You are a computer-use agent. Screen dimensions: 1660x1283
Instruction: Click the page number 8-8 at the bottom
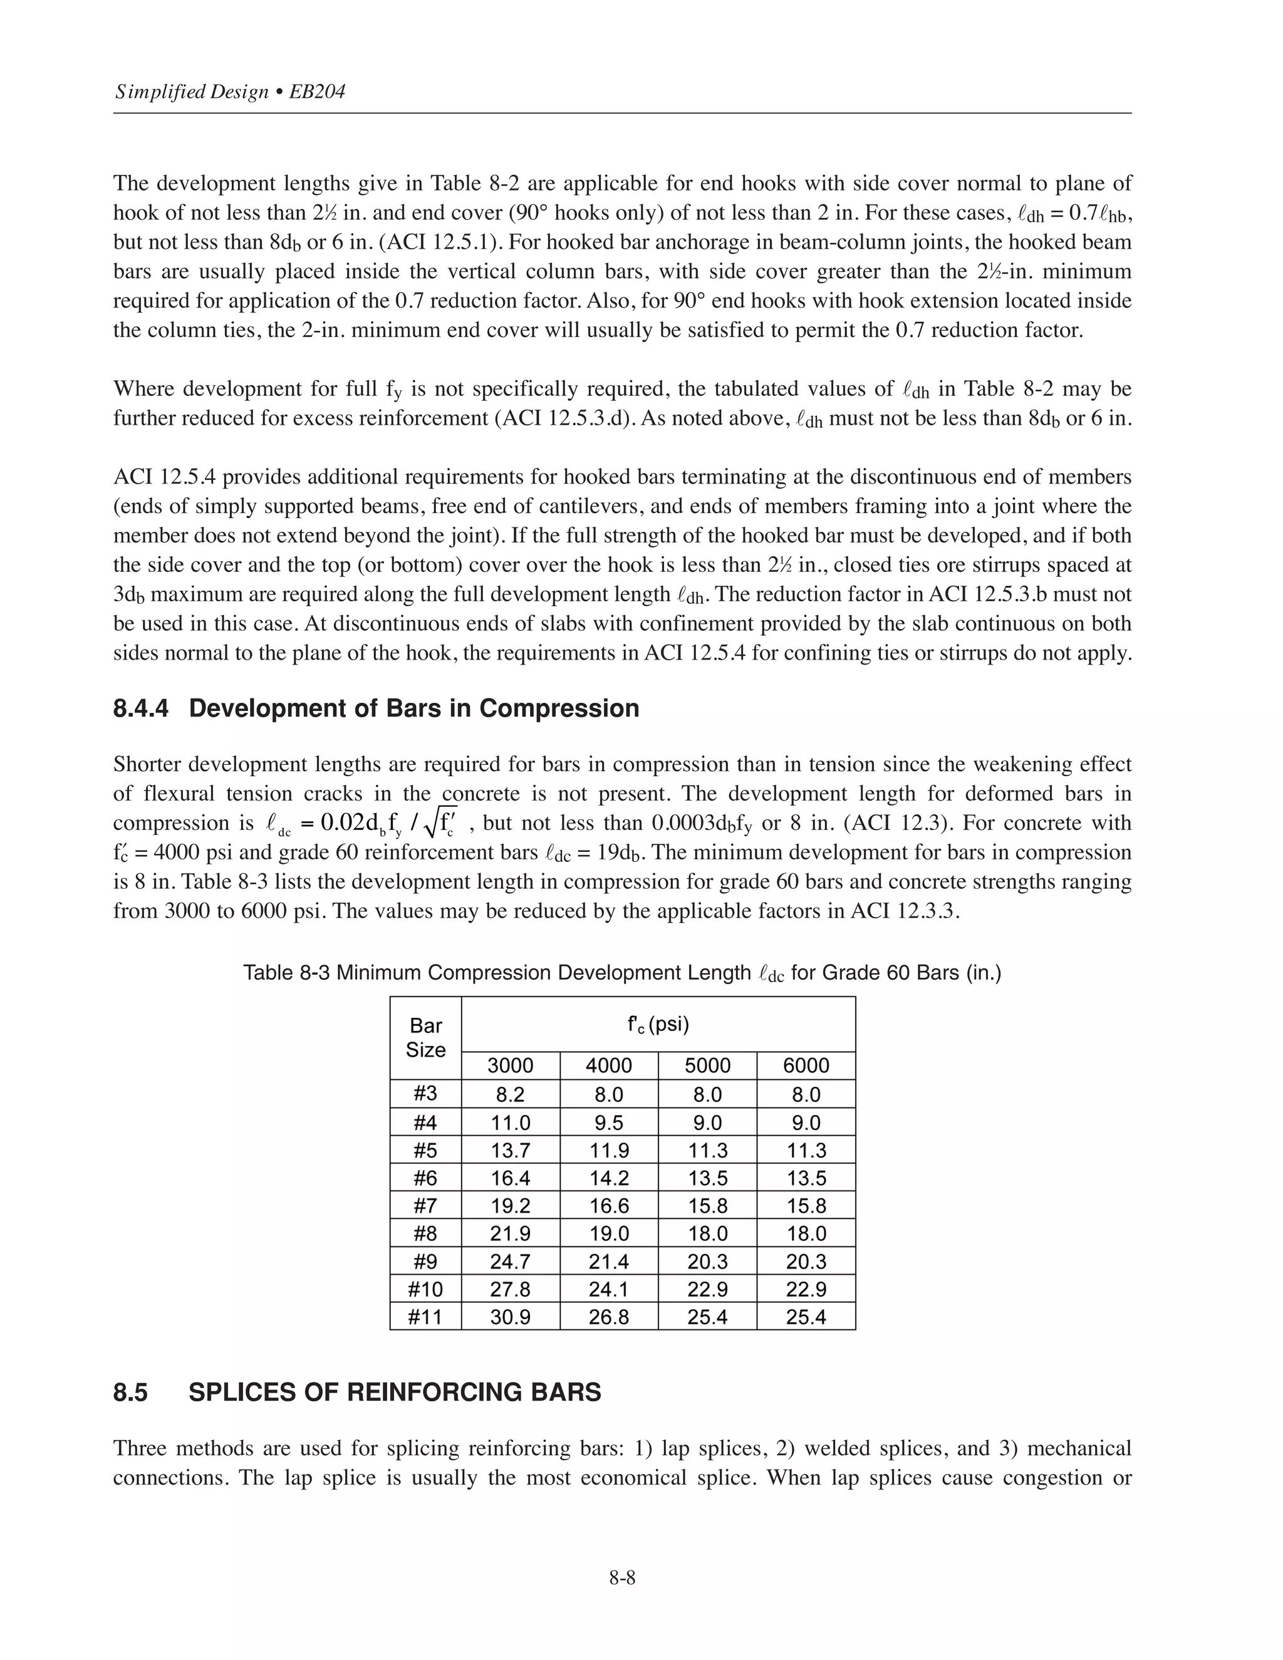621,1578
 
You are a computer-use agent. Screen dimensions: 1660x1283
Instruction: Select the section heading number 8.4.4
140,708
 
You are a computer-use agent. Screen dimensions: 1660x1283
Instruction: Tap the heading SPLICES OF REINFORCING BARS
395,1392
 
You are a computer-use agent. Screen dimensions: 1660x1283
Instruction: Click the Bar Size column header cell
425,1037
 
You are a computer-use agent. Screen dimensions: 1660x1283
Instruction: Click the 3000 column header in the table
510,1066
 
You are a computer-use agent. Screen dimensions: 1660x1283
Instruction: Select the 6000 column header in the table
806,1066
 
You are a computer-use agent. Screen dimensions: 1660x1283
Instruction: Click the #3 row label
425,1093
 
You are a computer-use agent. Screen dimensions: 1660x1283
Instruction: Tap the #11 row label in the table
425,1317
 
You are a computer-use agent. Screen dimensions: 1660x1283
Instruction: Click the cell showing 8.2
510,1094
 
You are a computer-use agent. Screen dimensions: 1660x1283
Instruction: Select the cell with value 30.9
510,1317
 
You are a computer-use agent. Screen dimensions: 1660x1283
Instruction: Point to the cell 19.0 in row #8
609,1233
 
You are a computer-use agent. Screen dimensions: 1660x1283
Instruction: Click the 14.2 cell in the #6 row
609,1178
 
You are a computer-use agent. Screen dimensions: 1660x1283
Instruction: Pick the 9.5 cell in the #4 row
609,1123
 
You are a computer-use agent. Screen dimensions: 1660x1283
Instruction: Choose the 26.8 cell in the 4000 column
609,1317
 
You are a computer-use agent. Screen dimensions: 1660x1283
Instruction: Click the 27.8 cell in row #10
510,1289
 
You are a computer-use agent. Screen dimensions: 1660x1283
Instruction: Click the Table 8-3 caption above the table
621,973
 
